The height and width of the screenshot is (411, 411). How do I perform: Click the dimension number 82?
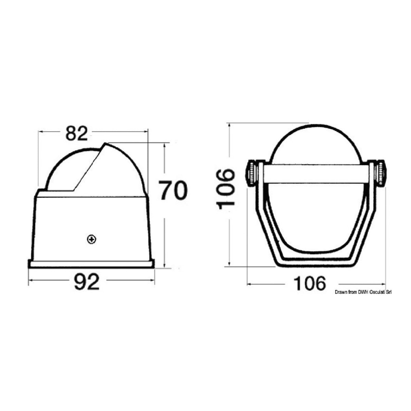tap(77, 133)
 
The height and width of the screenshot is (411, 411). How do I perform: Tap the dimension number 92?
tap(87, 282)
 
